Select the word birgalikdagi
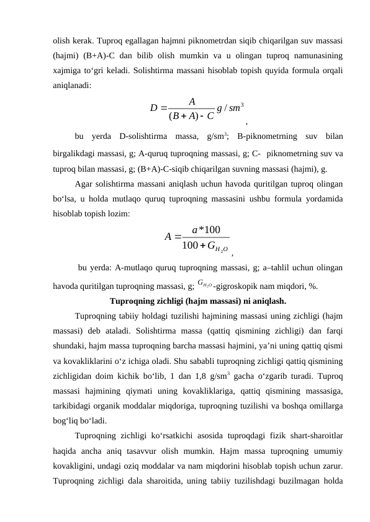point(77,153)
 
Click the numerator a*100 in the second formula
point(207,230)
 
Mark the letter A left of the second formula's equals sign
point(168,236)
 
